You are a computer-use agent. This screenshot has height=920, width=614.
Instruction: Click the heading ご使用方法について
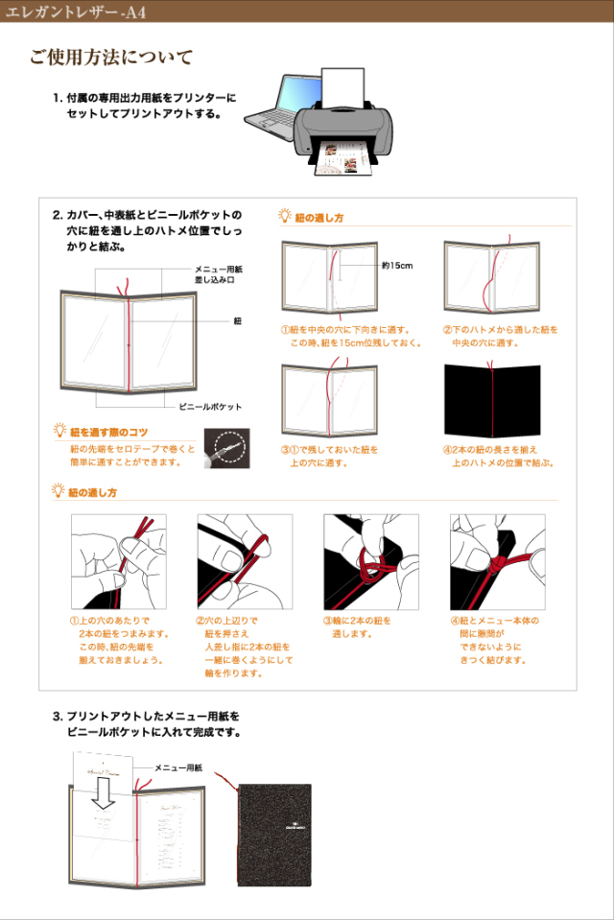coord(110,59)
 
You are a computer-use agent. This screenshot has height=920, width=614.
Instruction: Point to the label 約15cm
coord(396,266)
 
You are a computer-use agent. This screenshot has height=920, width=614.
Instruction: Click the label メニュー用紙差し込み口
coord(219,274)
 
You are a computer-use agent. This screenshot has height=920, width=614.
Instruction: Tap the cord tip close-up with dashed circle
coord(226,448)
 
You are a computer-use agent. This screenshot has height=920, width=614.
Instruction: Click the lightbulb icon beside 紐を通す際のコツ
coord(60,432)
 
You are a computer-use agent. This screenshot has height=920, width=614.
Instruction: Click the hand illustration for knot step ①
coord(118,561)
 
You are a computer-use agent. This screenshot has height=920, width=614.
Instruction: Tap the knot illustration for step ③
coord(370,561)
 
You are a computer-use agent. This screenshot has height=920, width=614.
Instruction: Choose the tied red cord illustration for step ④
coord(497,561)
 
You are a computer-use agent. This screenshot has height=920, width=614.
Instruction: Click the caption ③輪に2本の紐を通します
coord(357,627)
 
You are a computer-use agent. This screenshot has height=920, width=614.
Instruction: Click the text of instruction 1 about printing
coord(144,106)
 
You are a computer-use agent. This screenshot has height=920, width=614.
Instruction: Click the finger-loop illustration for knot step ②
coord(244,561)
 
